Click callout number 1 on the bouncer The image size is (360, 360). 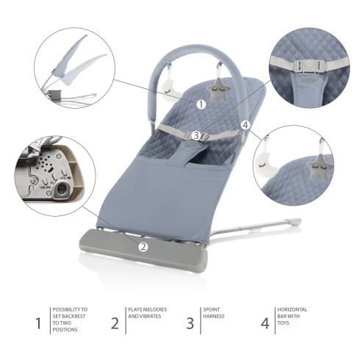click(201, 104)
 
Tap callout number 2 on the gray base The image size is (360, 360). click(144, 247)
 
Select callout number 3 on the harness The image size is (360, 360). click(196, 135)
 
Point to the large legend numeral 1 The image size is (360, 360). click(38, 322)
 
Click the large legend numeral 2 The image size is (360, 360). click(115, 322)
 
